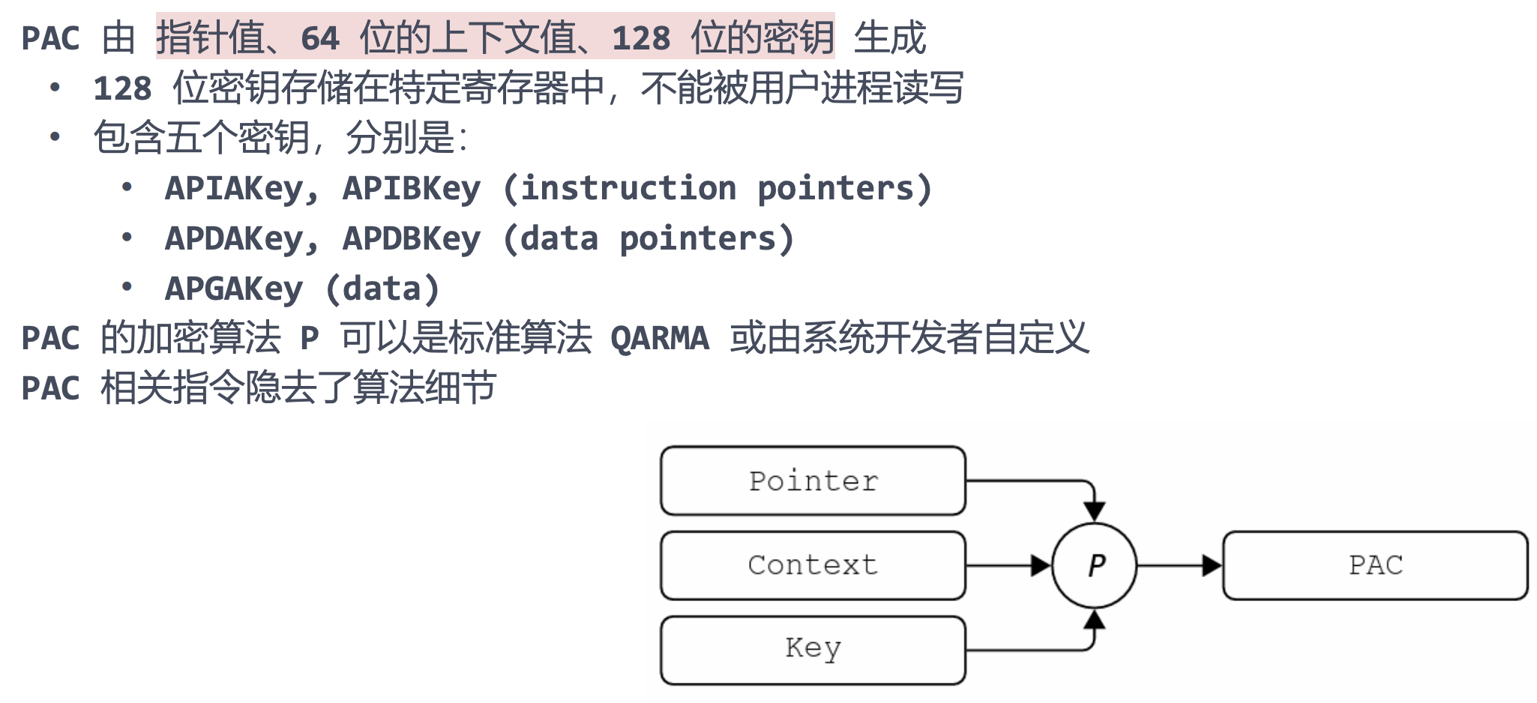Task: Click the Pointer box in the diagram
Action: click(813, 480)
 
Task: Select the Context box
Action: click(813, 565)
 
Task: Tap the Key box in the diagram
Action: click(813, 649)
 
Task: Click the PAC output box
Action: click(1375, 565)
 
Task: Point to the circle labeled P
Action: click(1095, 565)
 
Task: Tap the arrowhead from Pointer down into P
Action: click(1095, 512)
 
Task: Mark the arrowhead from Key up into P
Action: click(1095, 619)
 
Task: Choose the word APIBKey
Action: click(412, 189)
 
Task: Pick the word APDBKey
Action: click(412, 239)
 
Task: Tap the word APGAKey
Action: click(234, 289)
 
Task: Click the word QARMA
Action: click(660, 339)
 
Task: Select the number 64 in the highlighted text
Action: click(320, 38)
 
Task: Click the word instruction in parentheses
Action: click(628, 189)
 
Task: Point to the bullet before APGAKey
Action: click(127, 286)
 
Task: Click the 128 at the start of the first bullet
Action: click(122, 88)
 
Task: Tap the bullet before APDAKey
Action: click(127, 237)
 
